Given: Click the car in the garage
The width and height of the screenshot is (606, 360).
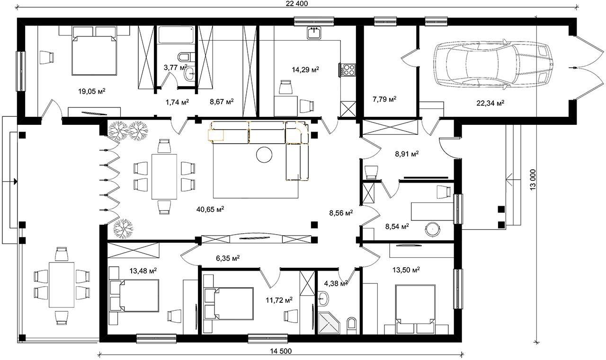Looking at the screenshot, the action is (492, 64).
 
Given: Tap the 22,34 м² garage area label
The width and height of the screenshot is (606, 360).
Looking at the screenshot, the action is (490, 103).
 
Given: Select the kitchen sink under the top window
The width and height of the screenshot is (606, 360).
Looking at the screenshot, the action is (314, 33).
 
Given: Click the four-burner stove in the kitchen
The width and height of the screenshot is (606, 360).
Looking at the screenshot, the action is (347, 70).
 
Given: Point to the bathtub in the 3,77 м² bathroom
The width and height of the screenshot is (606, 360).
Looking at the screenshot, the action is (176, 35).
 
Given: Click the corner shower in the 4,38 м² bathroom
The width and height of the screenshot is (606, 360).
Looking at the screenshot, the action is (329, 323).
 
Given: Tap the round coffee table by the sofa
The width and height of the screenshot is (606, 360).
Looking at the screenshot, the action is (264, 155).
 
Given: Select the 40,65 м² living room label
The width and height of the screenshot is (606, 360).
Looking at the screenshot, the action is (210, 209).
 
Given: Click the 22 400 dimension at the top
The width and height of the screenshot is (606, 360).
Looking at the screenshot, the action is (297, 3).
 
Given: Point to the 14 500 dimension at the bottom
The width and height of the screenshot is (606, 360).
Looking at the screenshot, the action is (281, 351).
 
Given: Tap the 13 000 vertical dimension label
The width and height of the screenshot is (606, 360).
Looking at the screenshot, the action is (533, 179).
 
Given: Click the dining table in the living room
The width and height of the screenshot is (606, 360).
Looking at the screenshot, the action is (164, 176).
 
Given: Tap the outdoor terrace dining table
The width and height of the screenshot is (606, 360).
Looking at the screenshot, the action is (62, 285).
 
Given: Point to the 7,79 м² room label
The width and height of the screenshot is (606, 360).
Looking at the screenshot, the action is (384, 99).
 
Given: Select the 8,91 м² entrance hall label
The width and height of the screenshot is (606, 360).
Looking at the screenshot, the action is (407, 154).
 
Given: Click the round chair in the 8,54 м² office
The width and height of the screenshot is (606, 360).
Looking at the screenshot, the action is (433, 229).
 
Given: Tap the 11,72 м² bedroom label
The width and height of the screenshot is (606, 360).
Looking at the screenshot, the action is (279, 300).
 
